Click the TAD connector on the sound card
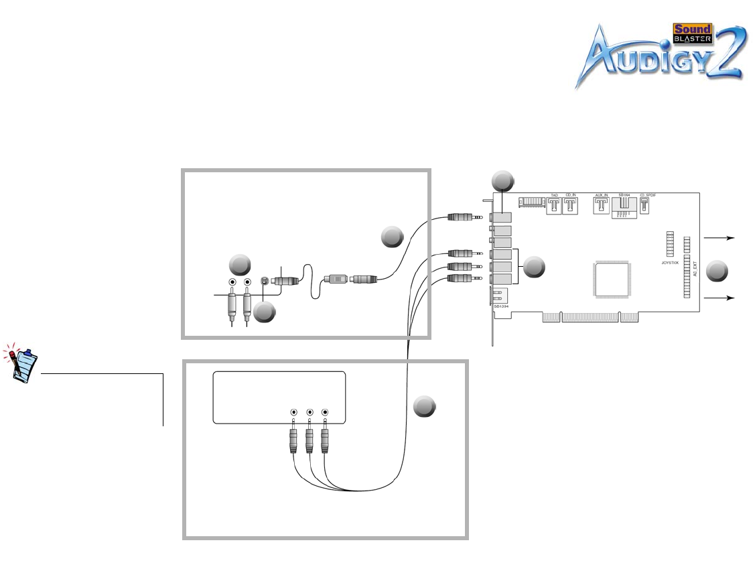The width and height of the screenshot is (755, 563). pos(554,206)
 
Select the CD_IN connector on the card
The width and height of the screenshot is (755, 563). pos(571,206)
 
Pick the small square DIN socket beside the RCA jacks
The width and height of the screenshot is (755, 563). pos(265,282)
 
